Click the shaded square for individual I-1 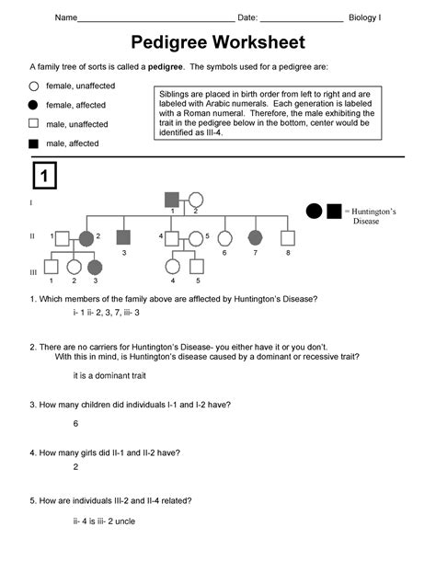point(172,200)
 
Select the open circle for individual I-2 point(196,200)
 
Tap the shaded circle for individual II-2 point(86,238)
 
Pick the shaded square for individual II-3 point(123,237)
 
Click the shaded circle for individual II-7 point(255,237)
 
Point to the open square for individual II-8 point(288,238)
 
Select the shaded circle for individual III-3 point(95,268)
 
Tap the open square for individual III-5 point(197,267)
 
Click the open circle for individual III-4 point(173,267)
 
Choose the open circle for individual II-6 point(224,238)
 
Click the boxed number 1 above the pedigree point(45,176)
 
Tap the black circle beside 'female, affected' point(33,105)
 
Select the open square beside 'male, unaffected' point(33,123)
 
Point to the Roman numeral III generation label point(33,272)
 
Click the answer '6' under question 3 point(75,424)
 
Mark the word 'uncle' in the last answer point(125,521)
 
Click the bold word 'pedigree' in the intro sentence point(165,67)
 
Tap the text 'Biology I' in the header point(365,17)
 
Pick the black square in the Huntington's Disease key point(334,212)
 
